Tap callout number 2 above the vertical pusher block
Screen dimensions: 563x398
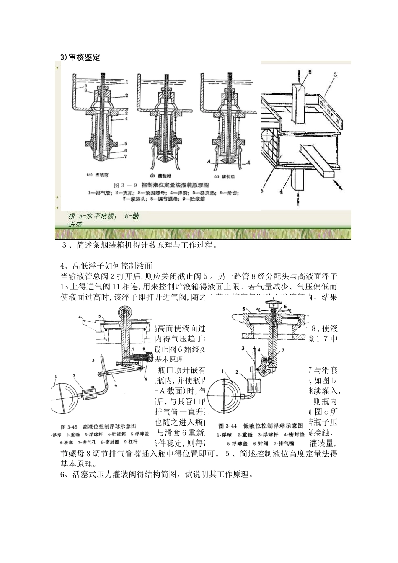[x=310, y=72]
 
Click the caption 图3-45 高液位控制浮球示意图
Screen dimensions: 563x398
[x=104, y=426]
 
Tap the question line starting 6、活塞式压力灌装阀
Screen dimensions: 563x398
[x=156, y=475]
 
